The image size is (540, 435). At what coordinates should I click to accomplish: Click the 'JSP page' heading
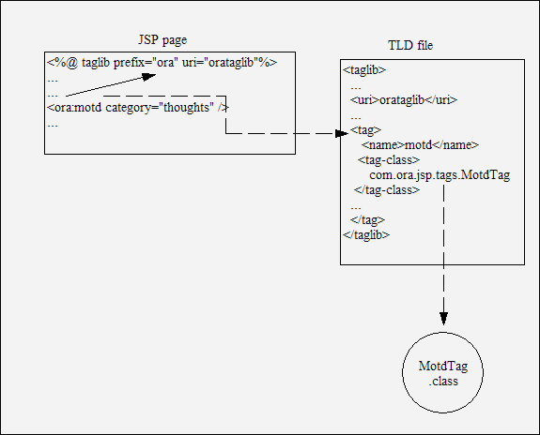[162, 40]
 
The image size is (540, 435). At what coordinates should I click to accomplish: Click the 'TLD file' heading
[410, 45]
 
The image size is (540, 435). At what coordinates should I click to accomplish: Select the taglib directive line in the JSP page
[162, 63]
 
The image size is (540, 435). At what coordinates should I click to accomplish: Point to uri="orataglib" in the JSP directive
[221, 63]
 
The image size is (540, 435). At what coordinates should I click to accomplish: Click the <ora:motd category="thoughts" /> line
[138, 108]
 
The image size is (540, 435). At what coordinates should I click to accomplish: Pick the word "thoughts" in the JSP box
[186, 108]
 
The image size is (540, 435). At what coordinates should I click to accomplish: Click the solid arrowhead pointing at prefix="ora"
[149, 77]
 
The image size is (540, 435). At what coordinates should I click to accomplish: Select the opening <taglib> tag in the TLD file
[364, 70]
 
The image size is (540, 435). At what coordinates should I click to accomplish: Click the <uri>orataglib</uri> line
[404, 100]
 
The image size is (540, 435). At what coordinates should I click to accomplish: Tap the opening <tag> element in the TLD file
[365, 130]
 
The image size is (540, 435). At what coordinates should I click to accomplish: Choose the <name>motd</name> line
[420, 145]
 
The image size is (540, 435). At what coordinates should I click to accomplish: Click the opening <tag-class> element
[389, 160]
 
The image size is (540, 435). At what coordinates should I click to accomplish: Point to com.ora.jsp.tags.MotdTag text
[440, 175]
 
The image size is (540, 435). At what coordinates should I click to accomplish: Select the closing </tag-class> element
[387, 189]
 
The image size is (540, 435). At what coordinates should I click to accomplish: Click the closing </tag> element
[367, 219]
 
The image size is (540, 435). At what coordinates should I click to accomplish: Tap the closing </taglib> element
[366, 235]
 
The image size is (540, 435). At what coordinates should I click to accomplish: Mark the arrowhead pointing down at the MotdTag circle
[443, 319]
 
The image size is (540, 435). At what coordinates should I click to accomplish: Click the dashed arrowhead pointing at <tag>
[342, 134]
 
